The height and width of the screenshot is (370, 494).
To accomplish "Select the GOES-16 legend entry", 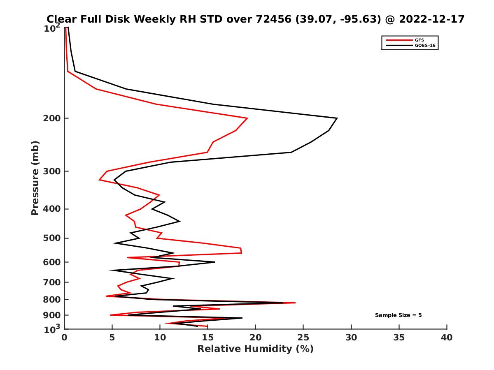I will (425, 46).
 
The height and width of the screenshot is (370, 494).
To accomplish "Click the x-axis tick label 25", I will (303, 338).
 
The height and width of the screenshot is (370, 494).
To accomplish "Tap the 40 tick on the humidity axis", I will (447, 338).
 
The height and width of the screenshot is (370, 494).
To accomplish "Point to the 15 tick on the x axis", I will (207, 338).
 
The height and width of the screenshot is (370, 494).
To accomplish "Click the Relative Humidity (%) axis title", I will (255, 349).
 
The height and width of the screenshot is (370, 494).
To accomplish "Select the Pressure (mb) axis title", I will (35, 178).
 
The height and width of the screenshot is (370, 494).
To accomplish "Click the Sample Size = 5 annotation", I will (398, 315).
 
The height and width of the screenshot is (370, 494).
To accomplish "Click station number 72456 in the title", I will (266, 19).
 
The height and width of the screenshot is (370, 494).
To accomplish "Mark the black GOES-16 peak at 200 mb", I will (337, 118).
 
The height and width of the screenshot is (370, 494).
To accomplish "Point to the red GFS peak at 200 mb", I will (247, 118).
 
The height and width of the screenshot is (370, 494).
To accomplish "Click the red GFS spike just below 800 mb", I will (295, 303).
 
